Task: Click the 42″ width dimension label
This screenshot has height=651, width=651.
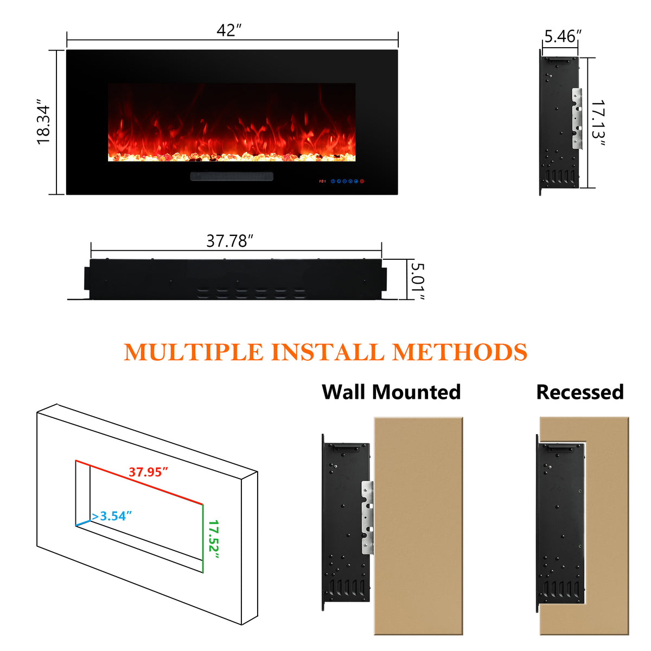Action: click(228, 30)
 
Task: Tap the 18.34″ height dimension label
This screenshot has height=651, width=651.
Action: click(43, 122)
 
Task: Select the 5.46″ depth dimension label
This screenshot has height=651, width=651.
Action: click(563, 36)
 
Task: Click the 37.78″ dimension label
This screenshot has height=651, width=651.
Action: click(230, 241)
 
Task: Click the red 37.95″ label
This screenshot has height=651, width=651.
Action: click(148, 472)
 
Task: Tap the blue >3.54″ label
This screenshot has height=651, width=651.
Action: click(112, 516)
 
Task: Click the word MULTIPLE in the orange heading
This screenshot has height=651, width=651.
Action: click(193, 352)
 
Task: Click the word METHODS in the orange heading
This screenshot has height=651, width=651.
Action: click(459, 352)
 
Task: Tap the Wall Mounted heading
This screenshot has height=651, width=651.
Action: click(391, 392)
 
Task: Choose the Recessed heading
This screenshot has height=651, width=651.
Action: click(580, 392)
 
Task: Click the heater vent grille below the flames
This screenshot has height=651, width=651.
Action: click(232, 176)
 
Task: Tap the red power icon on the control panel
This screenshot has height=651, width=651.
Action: click(362, 181)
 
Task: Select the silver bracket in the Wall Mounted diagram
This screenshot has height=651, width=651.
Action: click(368, 518)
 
